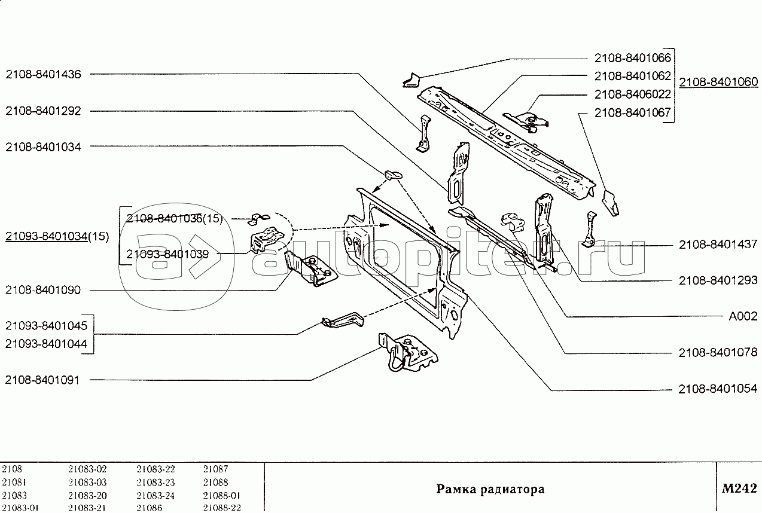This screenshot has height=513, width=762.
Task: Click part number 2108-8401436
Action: pyautogui.click(x=43, y=74)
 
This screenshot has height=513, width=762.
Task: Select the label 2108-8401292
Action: pyautogui.click(x=43, y=111)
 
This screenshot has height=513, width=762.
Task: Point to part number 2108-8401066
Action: pyautogui.click(x=633, y=58)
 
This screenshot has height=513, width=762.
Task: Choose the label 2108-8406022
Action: pyautogui.click(x=633, y=94)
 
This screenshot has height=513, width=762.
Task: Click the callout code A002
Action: pyautogui.click(x=743, y=316)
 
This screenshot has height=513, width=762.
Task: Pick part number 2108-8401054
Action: pyautogui.click(x=718, y=389)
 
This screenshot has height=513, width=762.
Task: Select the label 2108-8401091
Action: pyautogui.click(x=43, y=380)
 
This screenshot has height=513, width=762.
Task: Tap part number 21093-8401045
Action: pyautogui.click(x=46, y=326)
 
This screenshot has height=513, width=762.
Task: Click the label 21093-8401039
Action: pyautogui.click(x=167, y=254)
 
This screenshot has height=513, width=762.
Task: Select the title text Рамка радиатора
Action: pyautogui.click(x=490, y=489)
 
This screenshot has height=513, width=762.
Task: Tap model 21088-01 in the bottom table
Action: pyautogui.click(x=221, y=495)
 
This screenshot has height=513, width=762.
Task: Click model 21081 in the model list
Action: pyautogui.click(x=14, y=482)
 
